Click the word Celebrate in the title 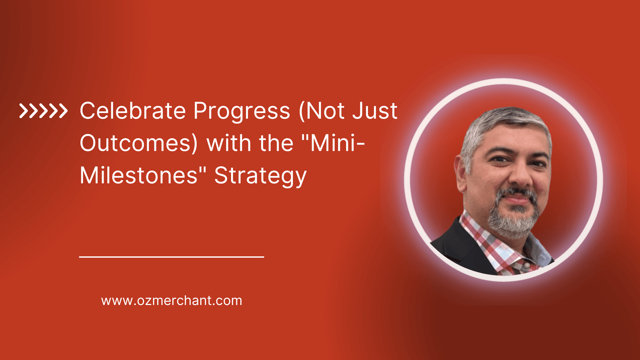pos(133,111)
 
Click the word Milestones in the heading pos(139,176)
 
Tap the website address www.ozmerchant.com pos(172,301)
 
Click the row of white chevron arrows pos(43,111)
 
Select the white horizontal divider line pos(171,257)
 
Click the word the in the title pos(276,144)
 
